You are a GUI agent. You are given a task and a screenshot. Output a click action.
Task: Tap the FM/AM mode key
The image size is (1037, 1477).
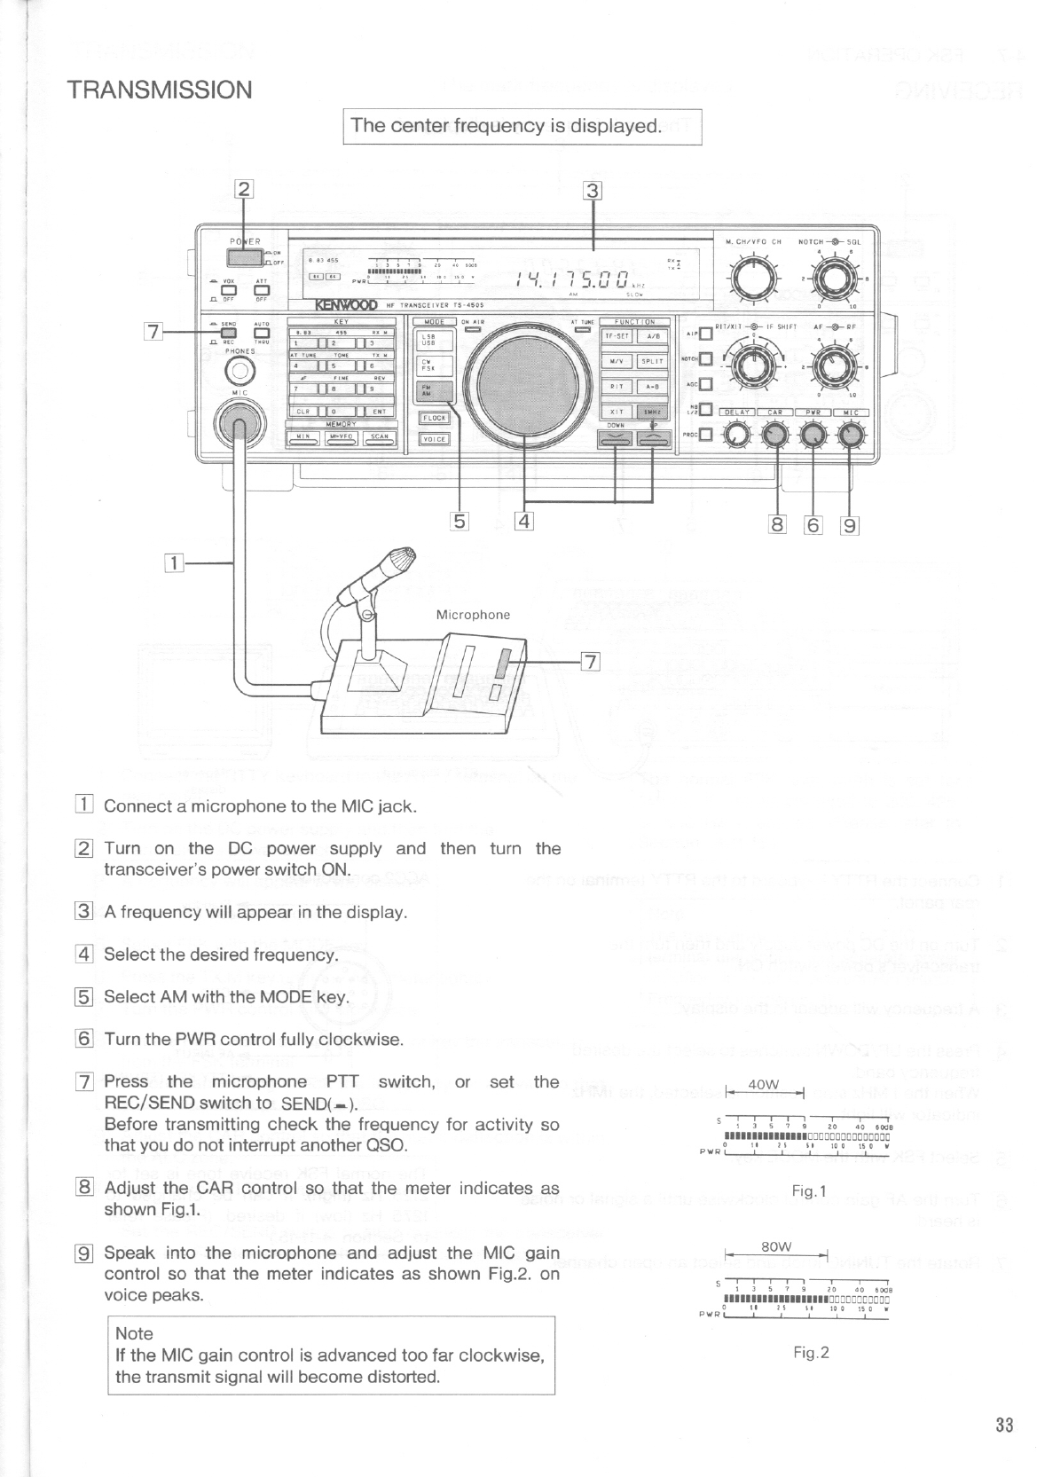tap(435, 391)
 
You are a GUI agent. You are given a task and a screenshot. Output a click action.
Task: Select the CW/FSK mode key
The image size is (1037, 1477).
tap(435, 365)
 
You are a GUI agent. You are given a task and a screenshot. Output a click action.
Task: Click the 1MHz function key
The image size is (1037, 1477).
tap(651, 412)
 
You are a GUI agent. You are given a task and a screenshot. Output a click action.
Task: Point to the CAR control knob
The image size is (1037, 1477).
tap(774, 435)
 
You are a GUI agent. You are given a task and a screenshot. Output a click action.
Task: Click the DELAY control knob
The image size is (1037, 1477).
tap(735, 435)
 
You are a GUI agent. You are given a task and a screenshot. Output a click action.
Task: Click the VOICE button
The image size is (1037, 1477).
tap(435, 439)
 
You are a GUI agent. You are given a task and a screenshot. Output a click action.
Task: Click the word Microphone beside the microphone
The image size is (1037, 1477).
tap(473, 614)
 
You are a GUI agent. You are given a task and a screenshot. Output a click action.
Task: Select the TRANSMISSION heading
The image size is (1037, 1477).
tap(161, 90)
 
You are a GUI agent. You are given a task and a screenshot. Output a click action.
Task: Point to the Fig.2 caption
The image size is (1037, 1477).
tap(811, 1352)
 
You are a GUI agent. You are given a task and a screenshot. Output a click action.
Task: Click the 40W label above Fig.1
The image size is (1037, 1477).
tap(763, 1084)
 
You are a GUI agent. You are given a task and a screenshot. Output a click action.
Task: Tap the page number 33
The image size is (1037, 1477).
tap(1004, 1426)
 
